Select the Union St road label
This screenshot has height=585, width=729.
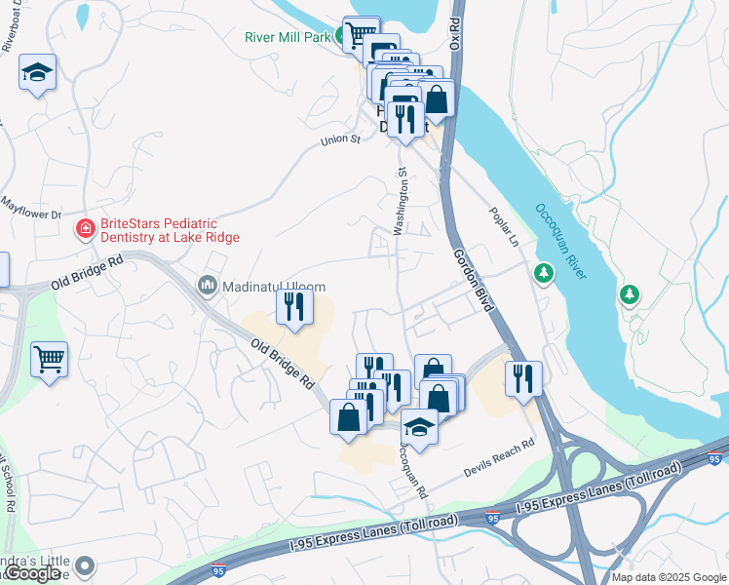point(341,140)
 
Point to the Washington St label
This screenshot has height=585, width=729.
point(400,201)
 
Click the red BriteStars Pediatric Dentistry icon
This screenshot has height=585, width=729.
point(86,229)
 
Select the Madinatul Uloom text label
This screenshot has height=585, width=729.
point(274,286)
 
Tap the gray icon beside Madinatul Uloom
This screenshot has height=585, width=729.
point(207,286)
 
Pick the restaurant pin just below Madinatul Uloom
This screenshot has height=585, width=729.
point(293,308)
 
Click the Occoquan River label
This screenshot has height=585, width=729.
point(560,241)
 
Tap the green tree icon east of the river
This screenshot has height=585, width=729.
point(631,293)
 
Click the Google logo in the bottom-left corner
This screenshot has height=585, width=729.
point(32,573)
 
